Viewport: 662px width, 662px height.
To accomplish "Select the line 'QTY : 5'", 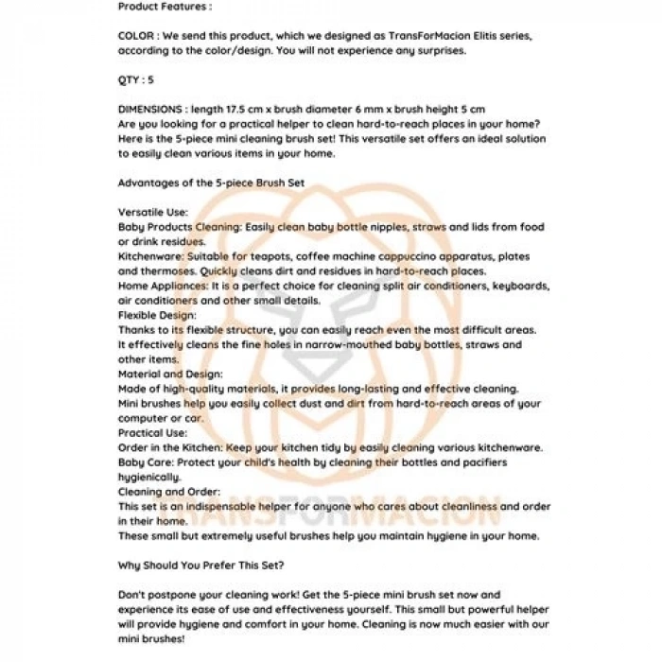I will pos(136,79).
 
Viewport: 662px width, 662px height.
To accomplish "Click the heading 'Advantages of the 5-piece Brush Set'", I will pos(211,183).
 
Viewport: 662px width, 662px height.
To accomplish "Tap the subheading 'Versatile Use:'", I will pos(153,213).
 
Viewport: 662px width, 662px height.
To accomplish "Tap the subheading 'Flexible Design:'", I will pos(157,315).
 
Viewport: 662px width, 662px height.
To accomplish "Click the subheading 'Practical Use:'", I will pos(152,432).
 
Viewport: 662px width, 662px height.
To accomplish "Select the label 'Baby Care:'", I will pos(147,462).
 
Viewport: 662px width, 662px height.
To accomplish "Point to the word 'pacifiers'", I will pos(483,462).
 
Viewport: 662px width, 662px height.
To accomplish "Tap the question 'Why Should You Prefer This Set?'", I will pos(202,566).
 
